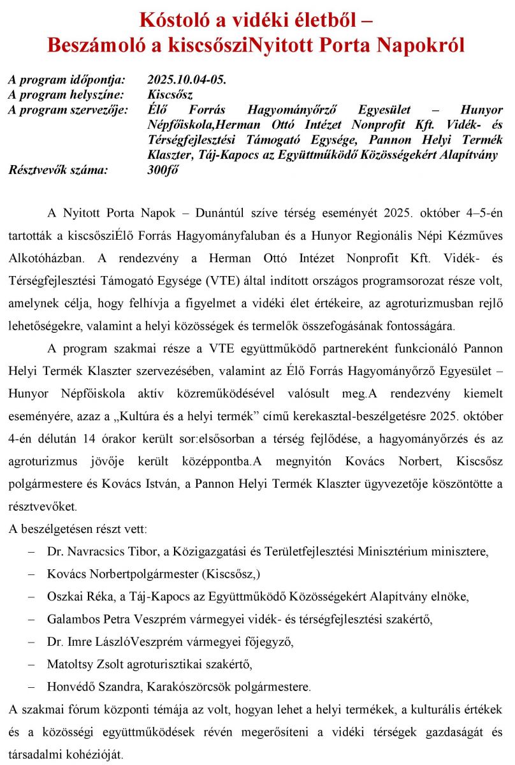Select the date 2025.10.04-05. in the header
tap(187, 80)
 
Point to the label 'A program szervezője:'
tap(68, 110)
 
